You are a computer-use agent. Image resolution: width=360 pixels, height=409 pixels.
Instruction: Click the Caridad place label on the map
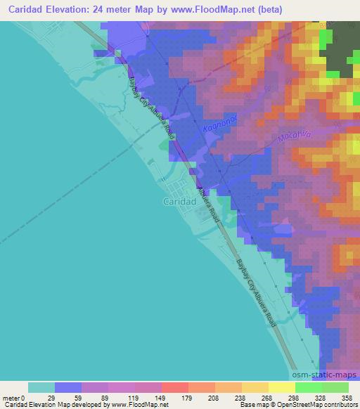click(168, 202)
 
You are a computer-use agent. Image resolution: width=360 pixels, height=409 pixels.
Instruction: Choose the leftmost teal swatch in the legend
click(41, 387)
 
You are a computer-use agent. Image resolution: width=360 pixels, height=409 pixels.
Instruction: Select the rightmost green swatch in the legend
click(335, 387)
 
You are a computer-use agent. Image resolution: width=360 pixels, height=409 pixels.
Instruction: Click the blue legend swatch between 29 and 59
click(68, 387)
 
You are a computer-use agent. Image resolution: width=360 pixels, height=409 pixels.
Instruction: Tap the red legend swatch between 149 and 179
click(175, 387)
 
